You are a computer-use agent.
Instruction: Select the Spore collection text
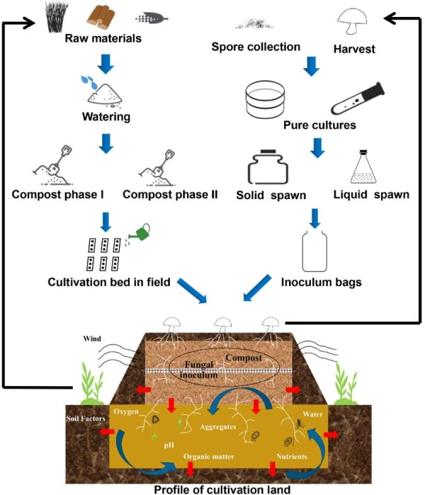[x=256, y=47]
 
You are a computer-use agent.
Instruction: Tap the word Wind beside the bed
[x=92, y=338]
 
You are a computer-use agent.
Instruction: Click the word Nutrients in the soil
[x=291, y=457]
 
